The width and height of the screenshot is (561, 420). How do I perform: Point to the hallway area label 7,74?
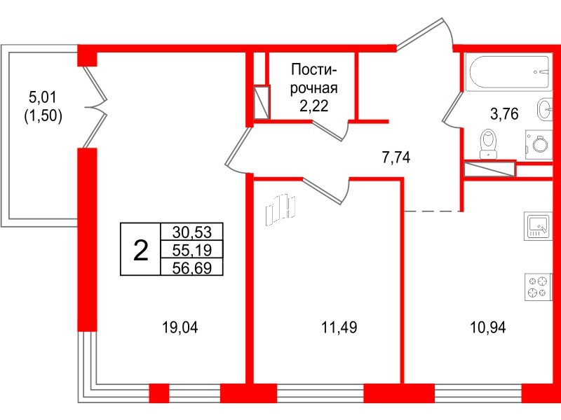pos(396,158)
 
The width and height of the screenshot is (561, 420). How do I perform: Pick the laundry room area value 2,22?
pos(313,106)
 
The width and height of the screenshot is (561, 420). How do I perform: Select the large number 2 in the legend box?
pos(141,249)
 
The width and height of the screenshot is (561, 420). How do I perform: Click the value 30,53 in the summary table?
pos(191,232)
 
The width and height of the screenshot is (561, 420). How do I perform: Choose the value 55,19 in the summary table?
pos(191,249)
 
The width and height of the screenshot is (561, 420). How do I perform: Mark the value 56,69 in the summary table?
pos(191,267)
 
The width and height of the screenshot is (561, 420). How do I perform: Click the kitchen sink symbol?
pos(539,227)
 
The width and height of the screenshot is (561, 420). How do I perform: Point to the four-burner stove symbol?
pos(539,287)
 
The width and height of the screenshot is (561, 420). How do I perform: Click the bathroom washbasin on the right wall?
pos(543,109)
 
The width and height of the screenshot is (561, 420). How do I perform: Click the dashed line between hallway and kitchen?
pos(433,211)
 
